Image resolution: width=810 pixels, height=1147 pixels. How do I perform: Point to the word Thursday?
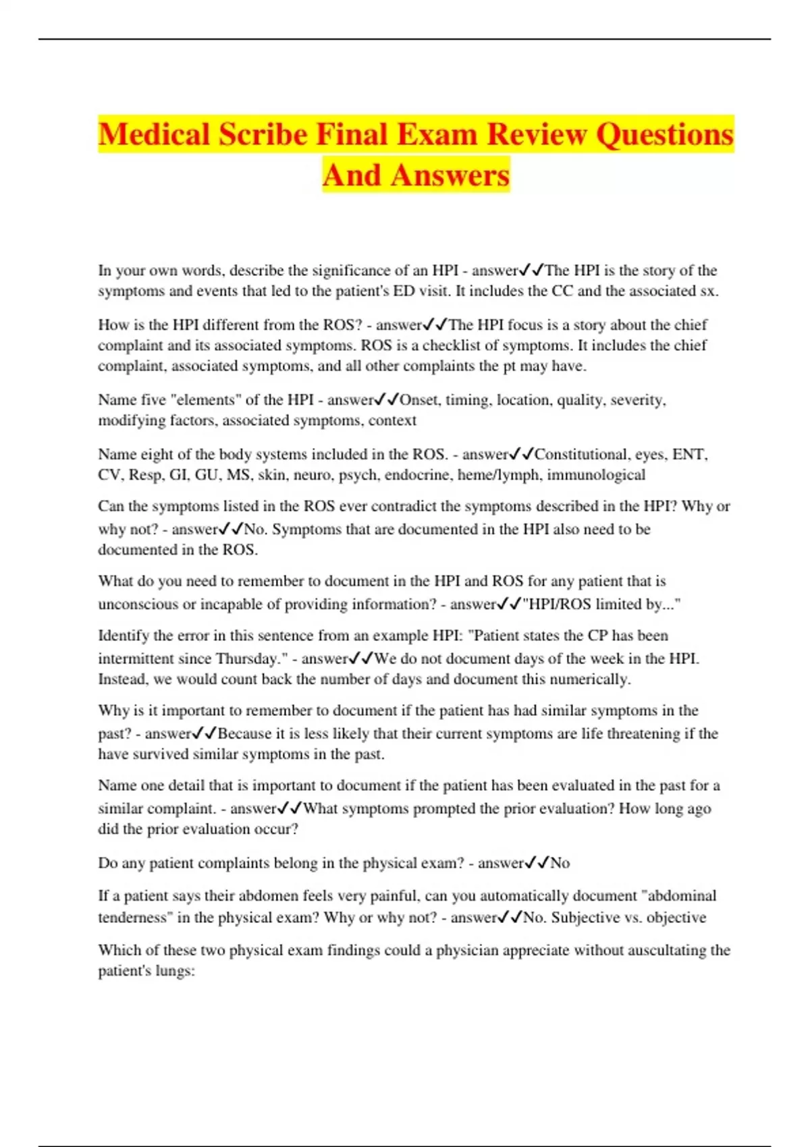pos(248,659)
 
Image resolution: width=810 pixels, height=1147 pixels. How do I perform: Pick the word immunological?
pos(596,475)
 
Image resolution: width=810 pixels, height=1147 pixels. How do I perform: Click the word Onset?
pos(418,400)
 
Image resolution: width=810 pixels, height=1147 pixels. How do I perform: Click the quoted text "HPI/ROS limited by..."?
pos(601,605)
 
